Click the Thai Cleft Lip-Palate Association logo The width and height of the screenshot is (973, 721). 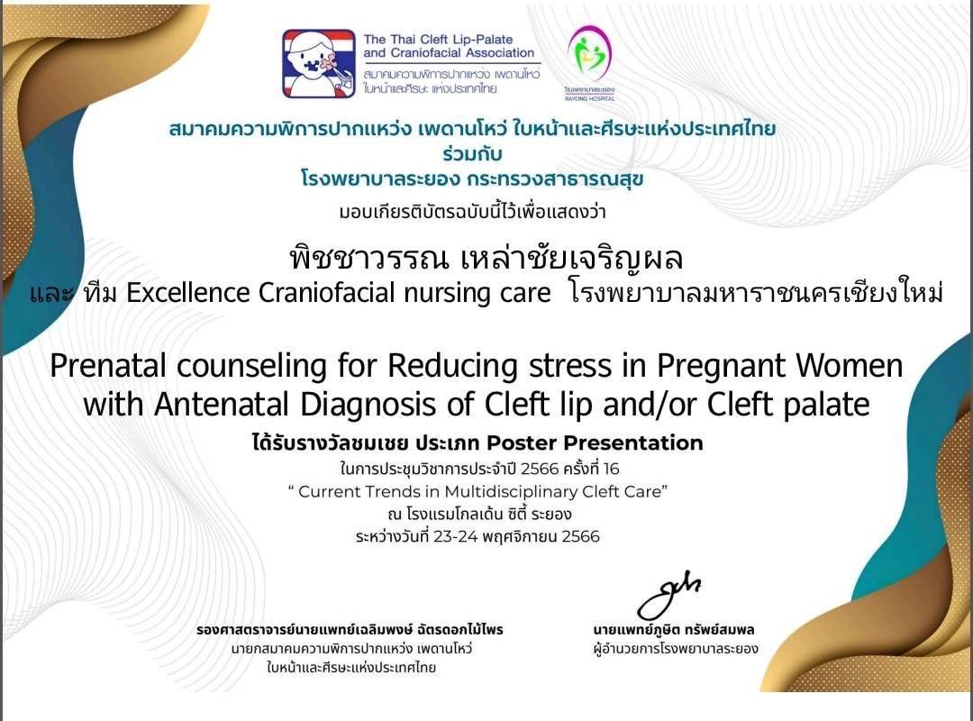pos(319,63)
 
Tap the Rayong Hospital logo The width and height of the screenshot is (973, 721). pos(589,63)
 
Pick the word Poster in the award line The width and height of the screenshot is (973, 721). pos(521,443)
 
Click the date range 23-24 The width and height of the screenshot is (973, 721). pos(456,536)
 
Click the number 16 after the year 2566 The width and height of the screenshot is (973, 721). pos(611,469)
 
